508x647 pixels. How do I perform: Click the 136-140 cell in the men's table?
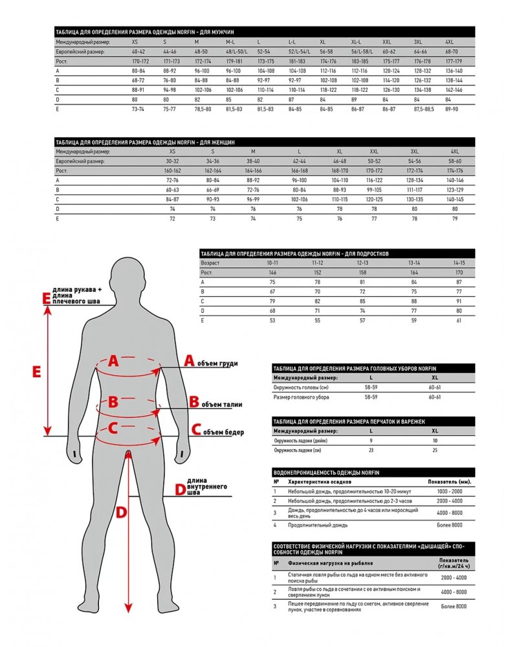point(454,71)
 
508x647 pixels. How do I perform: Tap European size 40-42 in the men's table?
point(140,51)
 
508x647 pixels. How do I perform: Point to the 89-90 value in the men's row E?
point(452,110)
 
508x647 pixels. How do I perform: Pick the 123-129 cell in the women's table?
point(454,190)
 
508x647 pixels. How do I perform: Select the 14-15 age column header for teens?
point(459,263)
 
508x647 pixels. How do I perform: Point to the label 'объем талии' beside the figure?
point(221,405)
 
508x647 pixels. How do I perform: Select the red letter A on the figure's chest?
point(113,362)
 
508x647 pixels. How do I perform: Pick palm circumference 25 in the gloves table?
point(435,450)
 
